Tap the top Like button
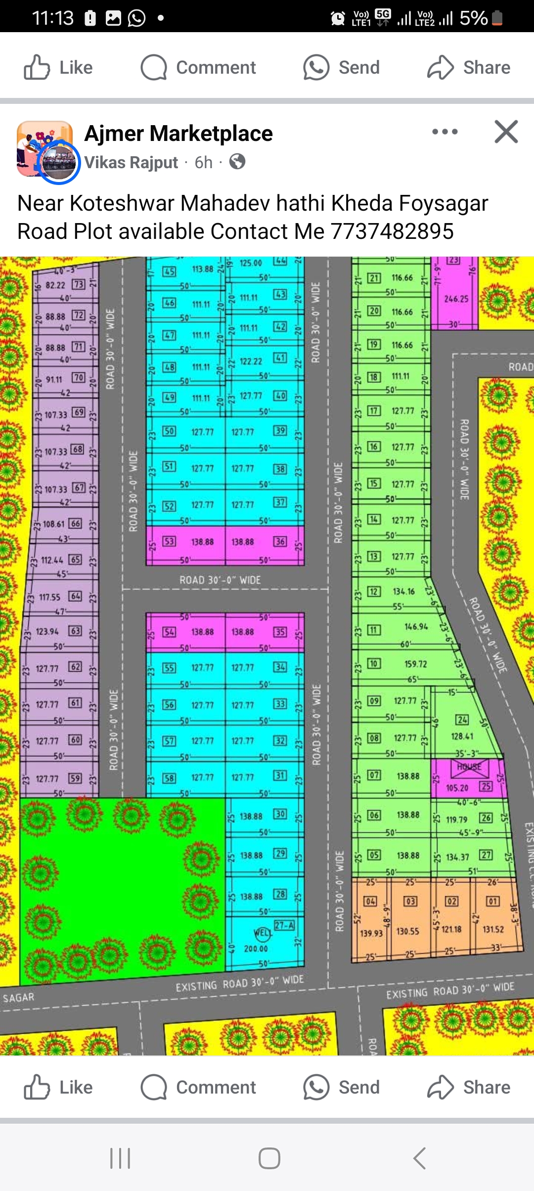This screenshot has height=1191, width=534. click(x=58, y=67)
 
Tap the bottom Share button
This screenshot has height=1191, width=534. click(x=469, y=1087)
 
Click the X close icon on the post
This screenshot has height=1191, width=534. click(x=506, y=132)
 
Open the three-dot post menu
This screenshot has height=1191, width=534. click(x=445, y=132)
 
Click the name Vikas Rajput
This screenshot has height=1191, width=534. click(x=131, y=162)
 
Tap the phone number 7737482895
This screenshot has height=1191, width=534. click(x=392, y=231)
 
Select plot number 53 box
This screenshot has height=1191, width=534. click(x=169, y=541)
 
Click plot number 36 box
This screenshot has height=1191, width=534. click(x=280, y=541)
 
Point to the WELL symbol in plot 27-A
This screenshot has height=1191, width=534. click(x=263, y=933)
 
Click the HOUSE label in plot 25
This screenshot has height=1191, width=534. click(x=469, y=767)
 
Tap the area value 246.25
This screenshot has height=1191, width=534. click(x=456, y=299)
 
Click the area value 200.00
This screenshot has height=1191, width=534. click(x=256, y=949)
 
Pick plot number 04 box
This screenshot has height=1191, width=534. click(x=370, y=901)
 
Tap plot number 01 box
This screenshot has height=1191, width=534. click(x=493, y=901)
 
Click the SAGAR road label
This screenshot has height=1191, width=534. click(x=19, y=998)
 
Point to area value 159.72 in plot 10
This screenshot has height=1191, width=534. click(x=415, y=664)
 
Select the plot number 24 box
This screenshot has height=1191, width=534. click(x=462, y=720)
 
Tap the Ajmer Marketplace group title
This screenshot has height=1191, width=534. click(x=178, y=134)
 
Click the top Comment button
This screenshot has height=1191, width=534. click(x=198, y=67)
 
